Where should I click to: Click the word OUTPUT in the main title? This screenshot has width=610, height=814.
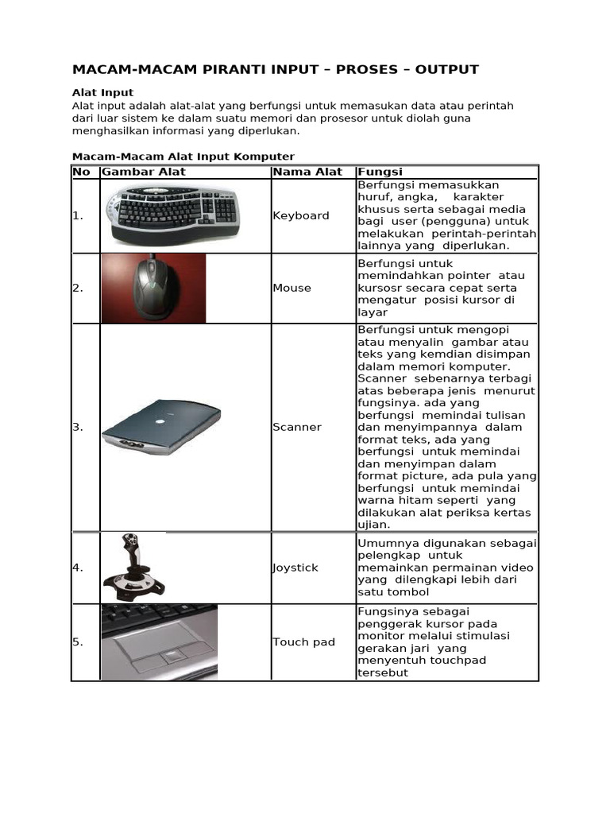click(446, 69)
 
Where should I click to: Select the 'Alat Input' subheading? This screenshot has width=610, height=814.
click(102, 93)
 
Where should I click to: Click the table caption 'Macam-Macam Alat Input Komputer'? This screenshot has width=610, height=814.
click(183, 157)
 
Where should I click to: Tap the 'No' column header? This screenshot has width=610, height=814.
click(81, 172)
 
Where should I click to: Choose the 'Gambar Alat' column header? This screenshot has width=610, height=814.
click(144, 172)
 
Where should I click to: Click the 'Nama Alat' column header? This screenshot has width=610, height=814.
click(307, 172)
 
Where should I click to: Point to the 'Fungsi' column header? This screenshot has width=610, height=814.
click(380, 172)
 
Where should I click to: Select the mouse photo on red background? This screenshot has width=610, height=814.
click(153, 288)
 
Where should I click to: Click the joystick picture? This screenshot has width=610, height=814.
click(133, 568)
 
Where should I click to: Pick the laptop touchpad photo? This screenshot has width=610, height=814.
click(159, 642)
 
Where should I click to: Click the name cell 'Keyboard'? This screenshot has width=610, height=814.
click(300, 215)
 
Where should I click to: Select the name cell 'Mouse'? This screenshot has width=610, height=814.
click(291, 288)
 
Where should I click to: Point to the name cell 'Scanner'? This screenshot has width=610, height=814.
click(297, 427)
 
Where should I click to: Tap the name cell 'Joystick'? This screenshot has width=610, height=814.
click(295, 568)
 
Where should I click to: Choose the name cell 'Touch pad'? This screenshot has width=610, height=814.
click(303, 642)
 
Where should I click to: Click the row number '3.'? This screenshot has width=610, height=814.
click(78, 427)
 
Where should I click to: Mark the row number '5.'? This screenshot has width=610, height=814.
click(78, 642)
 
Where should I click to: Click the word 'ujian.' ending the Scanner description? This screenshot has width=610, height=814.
click(374, 525)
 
